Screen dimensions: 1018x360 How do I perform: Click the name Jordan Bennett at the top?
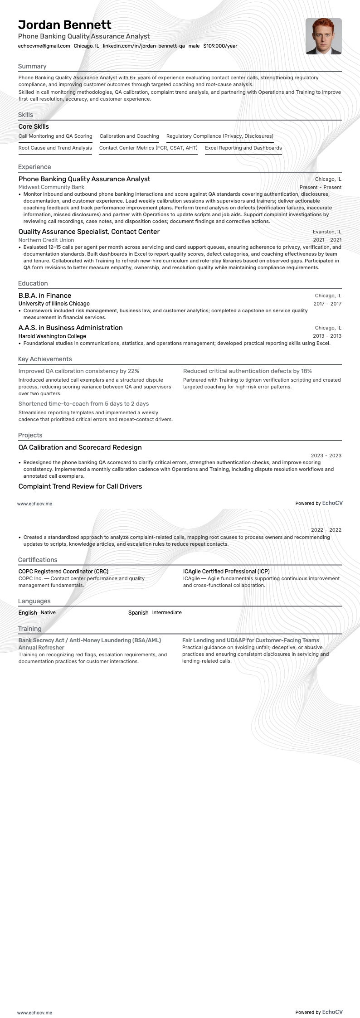tap(65, 24)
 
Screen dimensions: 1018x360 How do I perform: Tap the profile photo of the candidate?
tap(323, 36)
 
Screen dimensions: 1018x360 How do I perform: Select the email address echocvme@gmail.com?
tap(44, 46)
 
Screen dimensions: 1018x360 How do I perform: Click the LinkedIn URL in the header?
tap(144, 46)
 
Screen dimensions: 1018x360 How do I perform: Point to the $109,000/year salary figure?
tap(220, 46)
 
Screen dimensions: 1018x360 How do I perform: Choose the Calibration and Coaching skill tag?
tap(129, 136)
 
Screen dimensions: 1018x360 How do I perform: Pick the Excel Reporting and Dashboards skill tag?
tap(243, 148)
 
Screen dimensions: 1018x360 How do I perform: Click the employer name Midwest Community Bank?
tap(51, 187)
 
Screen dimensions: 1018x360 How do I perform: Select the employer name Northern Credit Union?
tap(46, 240)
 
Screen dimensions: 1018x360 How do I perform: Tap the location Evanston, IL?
tap(327, 232)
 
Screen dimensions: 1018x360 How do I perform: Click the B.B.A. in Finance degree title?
tap(45, 296)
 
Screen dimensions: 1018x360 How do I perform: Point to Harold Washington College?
tap(52, 336)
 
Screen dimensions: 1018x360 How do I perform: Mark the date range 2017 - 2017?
tap(327, 304)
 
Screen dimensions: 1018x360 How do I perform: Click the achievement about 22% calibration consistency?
tap(79, 371)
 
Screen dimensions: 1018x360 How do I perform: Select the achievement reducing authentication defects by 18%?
tap(247, 371)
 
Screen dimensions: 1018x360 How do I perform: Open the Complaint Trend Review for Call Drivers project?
tap(80, 486)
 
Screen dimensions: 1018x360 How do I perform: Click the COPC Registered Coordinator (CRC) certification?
tap(63, 572)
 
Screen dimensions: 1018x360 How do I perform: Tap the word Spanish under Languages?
tap(138, 613)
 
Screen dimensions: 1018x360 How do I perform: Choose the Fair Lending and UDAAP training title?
tap(251, 640)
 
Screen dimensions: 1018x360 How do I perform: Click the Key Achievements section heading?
tap(45, 359)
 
